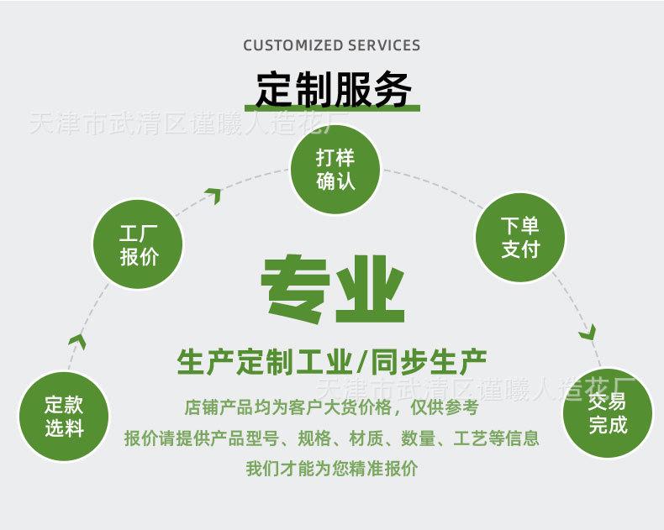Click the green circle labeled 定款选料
pyautogui.click(x=64, y=416)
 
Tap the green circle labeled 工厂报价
pyautogui.click(x=138, y=244)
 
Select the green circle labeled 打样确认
pyautogui.click(x=335, y=169)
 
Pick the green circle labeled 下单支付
pyautogui.click(x=520, y=238)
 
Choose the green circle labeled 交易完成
pyautogui.click(x=608, y=412)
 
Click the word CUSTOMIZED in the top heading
pyautogui.click(x=293, y=45)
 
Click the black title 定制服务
pyautogui.click(x=334, y=89)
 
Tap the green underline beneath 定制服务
pyautogui.click(x=333, y=108)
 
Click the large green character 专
pyautogui.click(x=295, y=288)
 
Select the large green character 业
pyautogui.click(x=370, y=289)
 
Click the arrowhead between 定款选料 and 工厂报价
pyautogui.click(x=78, y=341)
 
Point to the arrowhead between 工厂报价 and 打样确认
pyautogui.click(x=213, y=196)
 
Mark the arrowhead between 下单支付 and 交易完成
pyautogui.click(x=588, y=332)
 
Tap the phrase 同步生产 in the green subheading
pyautogui.click(x=428, y=363)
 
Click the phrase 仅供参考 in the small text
pyautogui.click(x=445, y=407)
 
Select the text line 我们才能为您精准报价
pyautogui.click(x=332, y=469)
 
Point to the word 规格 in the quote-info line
pyautogui.click(x=314, y=438)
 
